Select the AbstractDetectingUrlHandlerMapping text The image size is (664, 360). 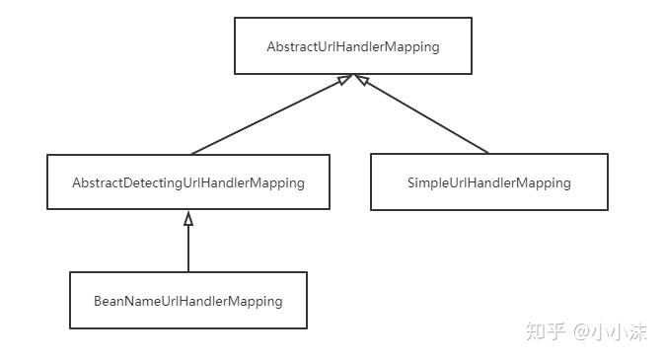(187, 182)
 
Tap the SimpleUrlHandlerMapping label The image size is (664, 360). (488, 182)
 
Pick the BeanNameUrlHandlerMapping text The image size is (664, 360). (187, 301)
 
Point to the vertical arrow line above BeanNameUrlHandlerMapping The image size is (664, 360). (188, 247)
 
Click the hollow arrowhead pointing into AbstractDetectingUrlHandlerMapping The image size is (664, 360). (188, 218)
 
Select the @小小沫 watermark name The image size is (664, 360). (611, 331)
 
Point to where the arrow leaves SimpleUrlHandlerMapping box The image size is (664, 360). (488, 154)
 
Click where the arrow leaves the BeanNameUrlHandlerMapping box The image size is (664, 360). (188, 272)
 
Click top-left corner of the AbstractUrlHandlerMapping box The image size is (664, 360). (235, 19)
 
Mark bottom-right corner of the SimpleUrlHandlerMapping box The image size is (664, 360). (608, 210)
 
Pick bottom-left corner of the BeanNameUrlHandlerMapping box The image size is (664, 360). (70, 328)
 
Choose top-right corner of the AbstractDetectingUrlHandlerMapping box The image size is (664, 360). (330, 155)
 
